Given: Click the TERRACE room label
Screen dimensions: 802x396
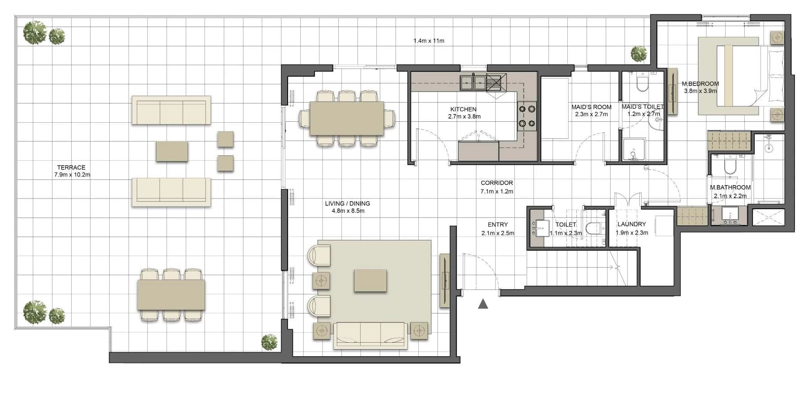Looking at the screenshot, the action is click(71, 167).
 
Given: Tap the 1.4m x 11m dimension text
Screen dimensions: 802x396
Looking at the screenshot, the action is click(429, 41).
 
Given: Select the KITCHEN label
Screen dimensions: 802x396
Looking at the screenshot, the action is click(463, 109).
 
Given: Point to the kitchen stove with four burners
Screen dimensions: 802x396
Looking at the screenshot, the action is click(527, 116).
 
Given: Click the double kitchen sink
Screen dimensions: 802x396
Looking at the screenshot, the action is click(473, 81).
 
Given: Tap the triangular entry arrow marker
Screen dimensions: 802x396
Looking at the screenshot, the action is click(483, 304).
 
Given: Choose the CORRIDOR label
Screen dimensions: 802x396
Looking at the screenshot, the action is click(497, 183).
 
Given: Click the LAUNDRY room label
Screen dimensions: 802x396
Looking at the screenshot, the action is click(632, 224).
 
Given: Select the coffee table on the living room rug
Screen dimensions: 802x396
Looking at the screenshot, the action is click(370, 280).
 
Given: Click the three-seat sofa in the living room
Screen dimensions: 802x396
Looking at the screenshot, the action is click(371, 335).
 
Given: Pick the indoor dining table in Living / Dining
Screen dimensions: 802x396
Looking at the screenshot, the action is click(347, 118).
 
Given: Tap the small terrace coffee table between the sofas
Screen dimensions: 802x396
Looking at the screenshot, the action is click(172, 151).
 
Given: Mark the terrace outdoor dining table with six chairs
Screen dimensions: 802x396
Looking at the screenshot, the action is click(171, 295).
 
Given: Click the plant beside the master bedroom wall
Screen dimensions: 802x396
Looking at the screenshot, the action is click(639, 54).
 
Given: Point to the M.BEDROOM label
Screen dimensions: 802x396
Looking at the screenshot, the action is click(700, 84).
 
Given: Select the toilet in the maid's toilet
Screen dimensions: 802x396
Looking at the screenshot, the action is click(642, 83).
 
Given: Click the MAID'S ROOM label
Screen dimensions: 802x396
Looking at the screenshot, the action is click(591, 107).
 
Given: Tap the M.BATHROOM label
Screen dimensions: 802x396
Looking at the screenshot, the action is click(730, 187).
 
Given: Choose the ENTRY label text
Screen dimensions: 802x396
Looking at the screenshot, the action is click(498, 224).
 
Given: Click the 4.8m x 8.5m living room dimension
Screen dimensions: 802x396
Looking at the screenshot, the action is click(348, 211).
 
